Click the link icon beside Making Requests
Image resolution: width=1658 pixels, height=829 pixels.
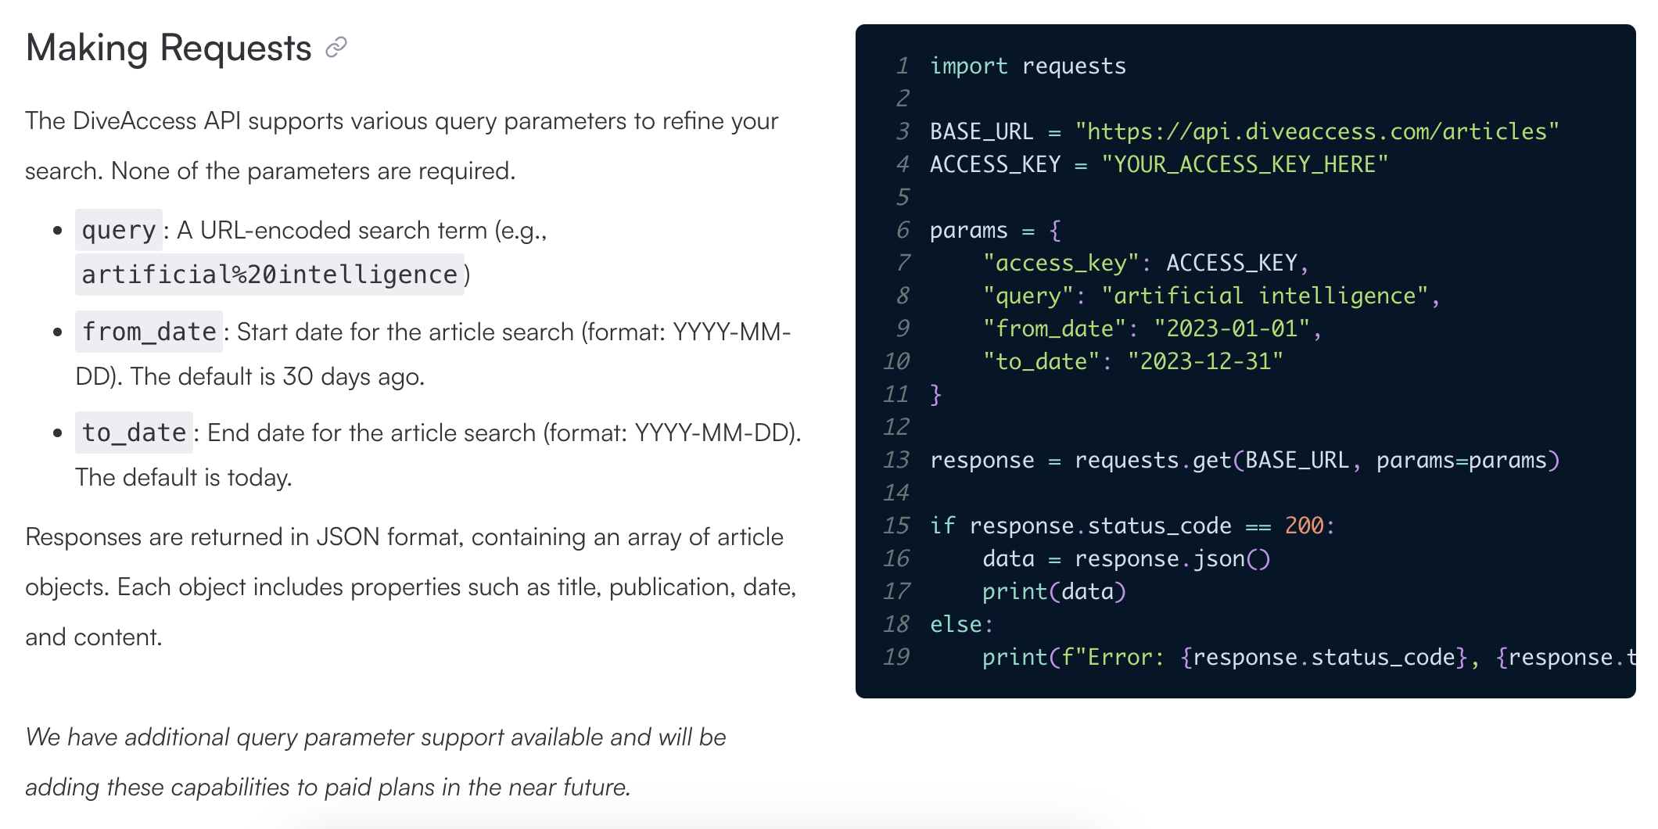pyautogui.click(x=336, y=48)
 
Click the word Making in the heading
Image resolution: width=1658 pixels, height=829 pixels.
pyautogui.click(x=87, y=48)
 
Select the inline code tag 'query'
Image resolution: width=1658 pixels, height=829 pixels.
pyautogui.click(x=119, y=231)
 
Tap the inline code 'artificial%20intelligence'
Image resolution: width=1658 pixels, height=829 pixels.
pyautogui.click(x=269, y=275)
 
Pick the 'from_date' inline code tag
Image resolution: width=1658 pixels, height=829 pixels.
pyautogui.click(x=149, y=332)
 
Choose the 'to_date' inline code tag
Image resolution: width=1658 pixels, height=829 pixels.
pyautogui.click(x=134, y=432)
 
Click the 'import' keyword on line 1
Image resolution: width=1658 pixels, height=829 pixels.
pyautogui.click(x=968, y=66)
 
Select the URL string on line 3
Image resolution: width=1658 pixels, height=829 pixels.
pyautogui.click(x=1317, y=131)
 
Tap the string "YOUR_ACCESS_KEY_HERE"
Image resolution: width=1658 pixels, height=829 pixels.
pyautogui.click(x=1244, y=164)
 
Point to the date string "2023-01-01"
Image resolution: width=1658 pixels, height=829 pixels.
pyautogui.click(x=1232, y=328)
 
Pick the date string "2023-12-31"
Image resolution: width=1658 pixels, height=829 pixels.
pyautogui.click(x=1205, y=361)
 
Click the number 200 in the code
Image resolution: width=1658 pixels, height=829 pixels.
pyautogui.click(x=1305, y=526)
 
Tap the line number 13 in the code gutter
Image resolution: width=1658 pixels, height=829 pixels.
pyautogui.click(x=896, y=460)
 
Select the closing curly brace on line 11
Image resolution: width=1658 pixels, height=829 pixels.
pyautogui.click(x=935, y=394)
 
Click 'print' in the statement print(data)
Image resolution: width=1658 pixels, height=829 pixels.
pyautogui.click(x=1014, y=591)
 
